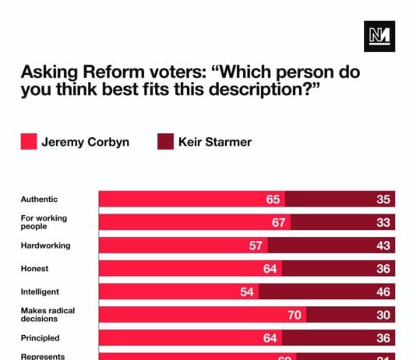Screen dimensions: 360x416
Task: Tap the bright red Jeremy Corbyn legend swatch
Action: coord(30,142)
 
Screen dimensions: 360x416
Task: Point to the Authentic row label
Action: coord(39,199)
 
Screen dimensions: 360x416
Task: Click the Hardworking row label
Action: coord(45,245)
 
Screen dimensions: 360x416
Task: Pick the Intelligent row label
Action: coord(41,292)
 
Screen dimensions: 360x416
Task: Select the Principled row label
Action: coord(40,338)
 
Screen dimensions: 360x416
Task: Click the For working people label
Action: coord(43,222)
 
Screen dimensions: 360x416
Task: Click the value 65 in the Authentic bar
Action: coord(273,199)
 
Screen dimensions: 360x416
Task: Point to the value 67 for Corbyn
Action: coord(279,222)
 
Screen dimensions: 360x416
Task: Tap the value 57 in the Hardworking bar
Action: coord(255,245)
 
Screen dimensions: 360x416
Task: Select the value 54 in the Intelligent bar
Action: coord(247,292)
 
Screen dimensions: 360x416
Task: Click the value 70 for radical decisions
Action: coord(294,315)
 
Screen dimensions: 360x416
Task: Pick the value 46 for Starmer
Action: coord(383,292)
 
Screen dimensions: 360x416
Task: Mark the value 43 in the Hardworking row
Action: coord(383,245)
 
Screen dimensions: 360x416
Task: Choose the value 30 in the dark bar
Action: coord(383,315)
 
